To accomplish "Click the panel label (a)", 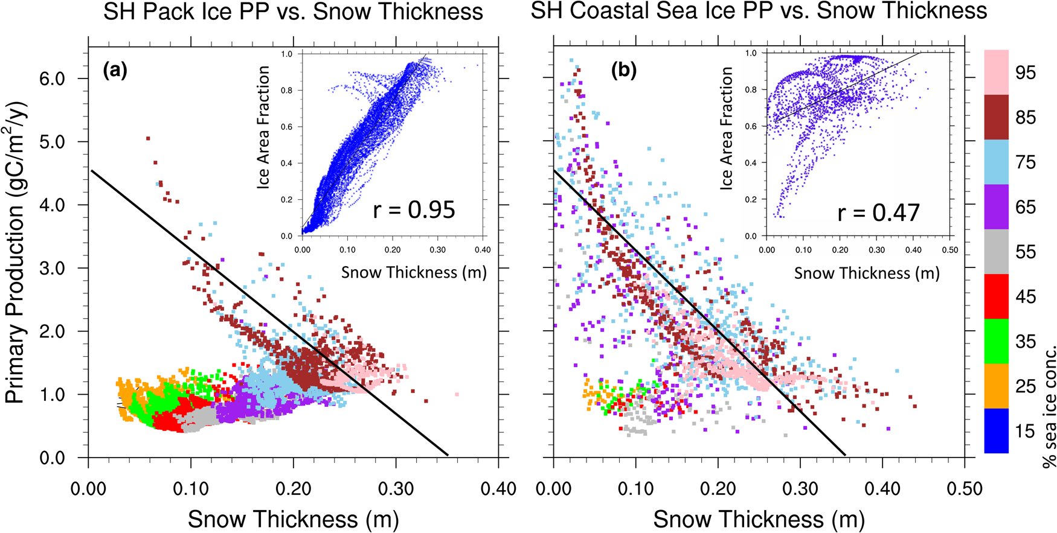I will (115, 71).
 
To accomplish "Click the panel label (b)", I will (624, 71).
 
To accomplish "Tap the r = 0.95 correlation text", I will (414, 209).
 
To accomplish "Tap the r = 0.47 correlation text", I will (878, 212).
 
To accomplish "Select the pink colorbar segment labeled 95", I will (996, 72).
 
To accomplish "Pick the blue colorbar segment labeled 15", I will (996, 430).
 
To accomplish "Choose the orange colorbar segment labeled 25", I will (996, 386).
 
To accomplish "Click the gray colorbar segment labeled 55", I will (996, 251).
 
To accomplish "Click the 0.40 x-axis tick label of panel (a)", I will (498, 488).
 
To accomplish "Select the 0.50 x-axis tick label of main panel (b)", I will (964, 488).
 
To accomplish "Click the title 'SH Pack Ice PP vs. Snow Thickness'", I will (293, 12).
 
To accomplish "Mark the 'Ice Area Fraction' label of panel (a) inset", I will (263, 127).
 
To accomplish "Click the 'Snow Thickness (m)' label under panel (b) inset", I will (866, 273).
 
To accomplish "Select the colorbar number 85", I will (1025, 117).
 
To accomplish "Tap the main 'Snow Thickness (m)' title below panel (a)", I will (293, 519).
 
